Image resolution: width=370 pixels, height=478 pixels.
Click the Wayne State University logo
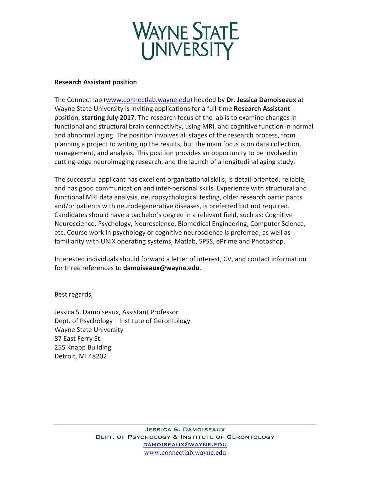tap(185, 41)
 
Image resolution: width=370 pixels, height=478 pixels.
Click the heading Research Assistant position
tap(95, 82)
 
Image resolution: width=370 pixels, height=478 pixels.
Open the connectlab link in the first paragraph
tap(148, 100)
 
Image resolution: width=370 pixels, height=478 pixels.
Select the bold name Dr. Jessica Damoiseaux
tap(261, 100)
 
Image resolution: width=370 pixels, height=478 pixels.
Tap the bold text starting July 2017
tap(108, 117)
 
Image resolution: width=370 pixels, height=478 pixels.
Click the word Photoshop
tap(268, 241)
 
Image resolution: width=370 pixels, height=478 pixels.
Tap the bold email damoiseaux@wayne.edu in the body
tap(161, 268)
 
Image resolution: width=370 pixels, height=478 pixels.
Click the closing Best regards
tap(74, 295)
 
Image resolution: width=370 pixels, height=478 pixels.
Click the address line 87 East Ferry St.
tap(78, 339)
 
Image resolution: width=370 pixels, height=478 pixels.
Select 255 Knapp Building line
tap(83, 347)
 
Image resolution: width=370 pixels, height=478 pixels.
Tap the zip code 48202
tap(98, 356)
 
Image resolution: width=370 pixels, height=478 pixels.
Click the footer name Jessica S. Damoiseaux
tap(185, 430)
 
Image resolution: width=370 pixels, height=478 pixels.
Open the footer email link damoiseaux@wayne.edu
tap(185, 445)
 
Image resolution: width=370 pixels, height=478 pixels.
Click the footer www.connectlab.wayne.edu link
tap(185, 453)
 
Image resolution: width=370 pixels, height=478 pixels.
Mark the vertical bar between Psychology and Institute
tap(116, 321)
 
